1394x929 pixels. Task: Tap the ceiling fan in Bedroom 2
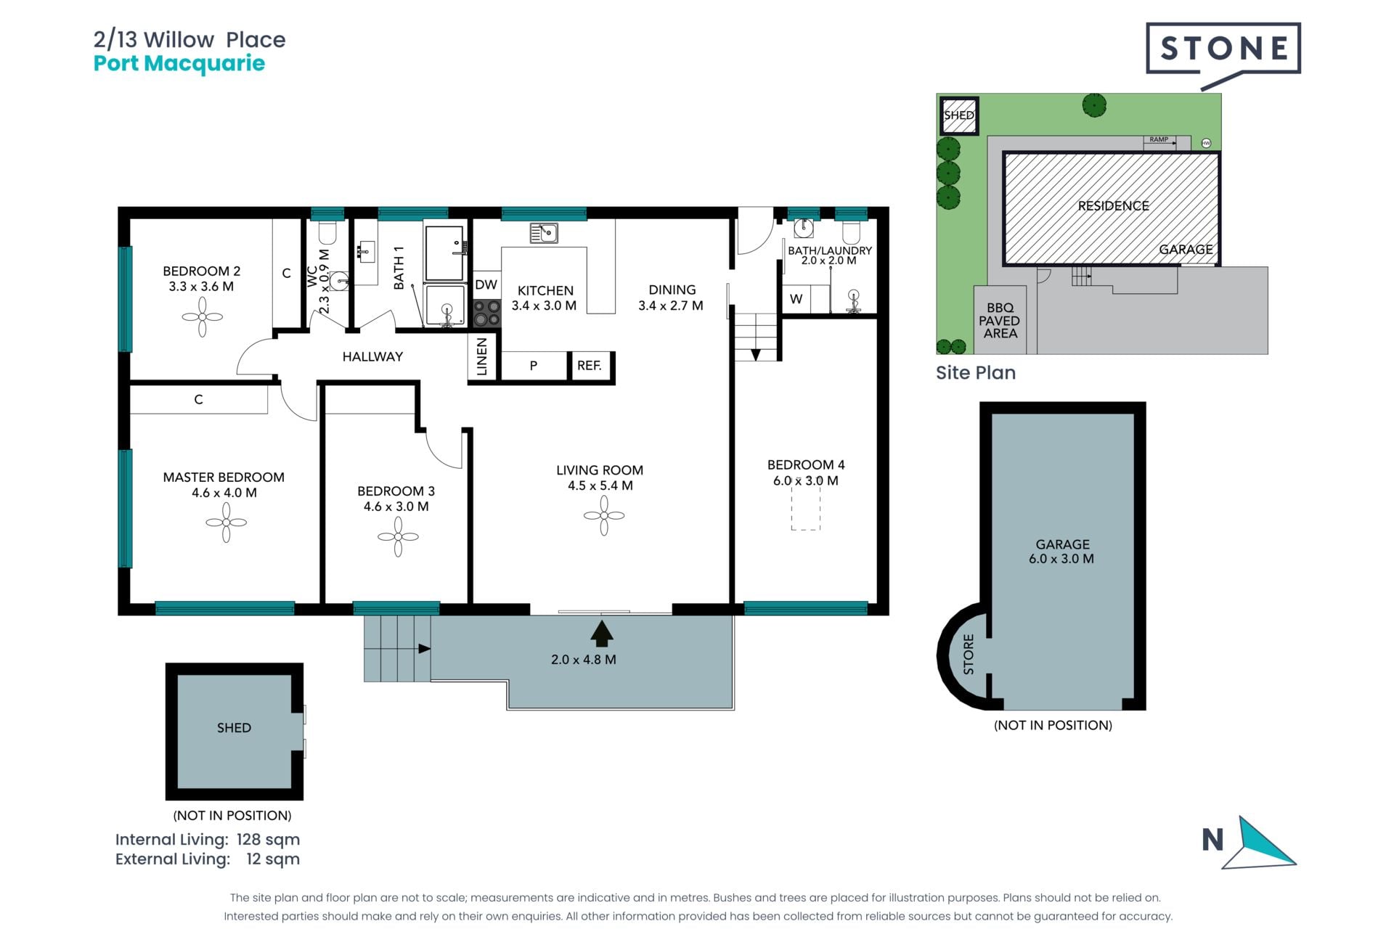pos(202,317)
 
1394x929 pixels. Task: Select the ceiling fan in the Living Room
pos(604,516)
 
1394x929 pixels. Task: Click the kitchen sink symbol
pos(543,233)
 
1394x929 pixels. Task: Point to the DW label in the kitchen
pos(486,285)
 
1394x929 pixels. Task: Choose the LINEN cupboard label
pos(482,356)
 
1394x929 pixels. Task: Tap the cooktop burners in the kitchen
pos(486,313)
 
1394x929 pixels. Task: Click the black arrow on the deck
pos(601,633)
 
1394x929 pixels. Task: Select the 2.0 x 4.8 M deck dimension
pos(583,660)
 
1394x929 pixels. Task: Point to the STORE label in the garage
pos(969,654)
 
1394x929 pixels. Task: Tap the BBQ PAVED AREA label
pos(1000,321)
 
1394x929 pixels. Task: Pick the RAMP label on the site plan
pos(1159,139)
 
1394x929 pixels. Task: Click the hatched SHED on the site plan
pos(959,116)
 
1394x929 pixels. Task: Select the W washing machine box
pos(796,299)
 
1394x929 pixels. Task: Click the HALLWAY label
pos(372,356)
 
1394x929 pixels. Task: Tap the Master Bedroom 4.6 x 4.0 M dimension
pos(224,493)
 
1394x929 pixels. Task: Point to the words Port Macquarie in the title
pos(179,64)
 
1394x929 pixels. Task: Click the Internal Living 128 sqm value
pos(268,840)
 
